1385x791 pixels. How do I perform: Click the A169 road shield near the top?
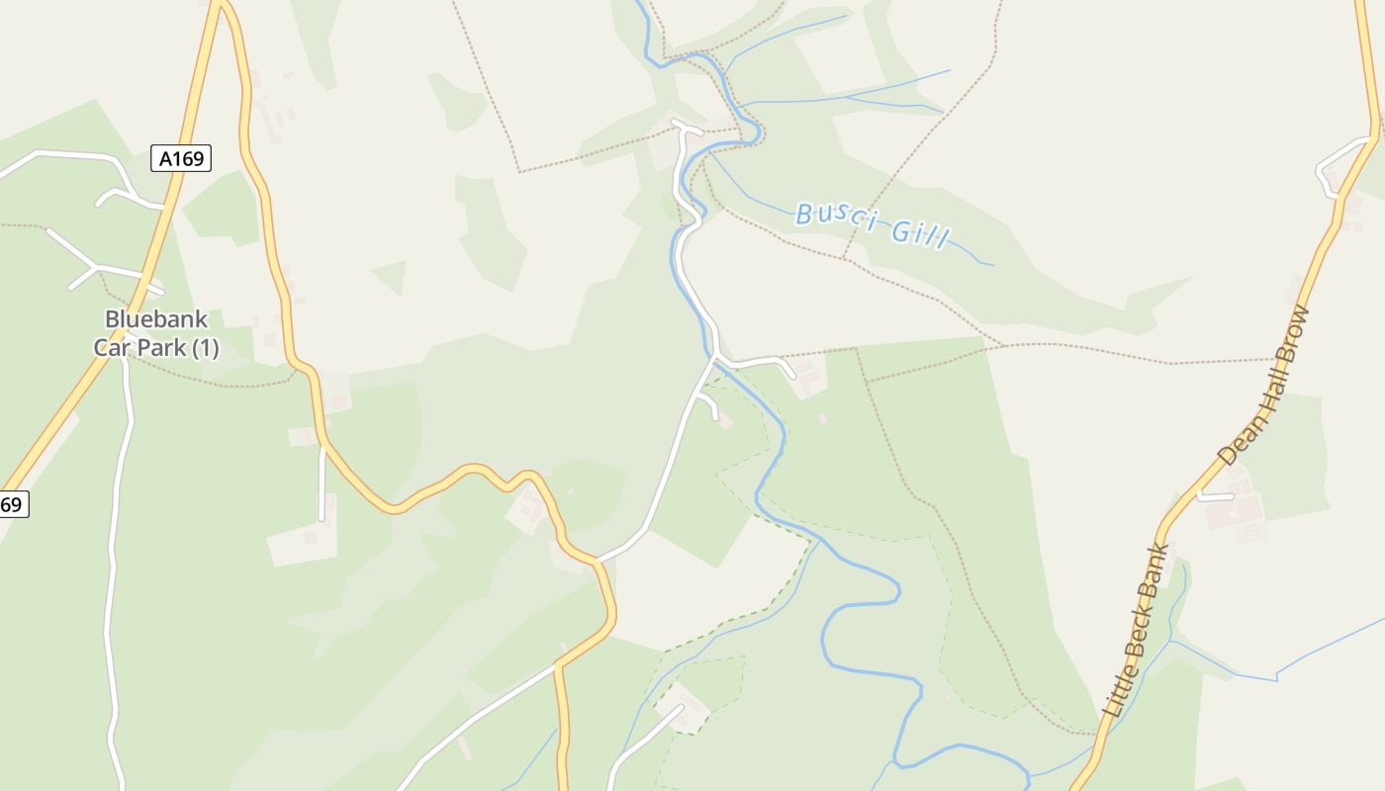click(x=181, y=158)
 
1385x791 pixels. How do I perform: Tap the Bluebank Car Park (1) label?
click(x=156, y=333)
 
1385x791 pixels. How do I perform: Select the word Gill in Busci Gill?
click(x=920, y=233)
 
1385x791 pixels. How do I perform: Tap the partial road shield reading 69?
click(x=12, y=504)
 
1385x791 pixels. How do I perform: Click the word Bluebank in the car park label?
click(x=156, y=319)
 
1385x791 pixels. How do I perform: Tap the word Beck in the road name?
click(x=1134, y=634)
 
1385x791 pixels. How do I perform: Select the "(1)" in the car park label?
click(x=205, y=348)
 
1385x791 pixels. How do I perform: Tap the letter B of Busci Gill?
click(x=804, y=212)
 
